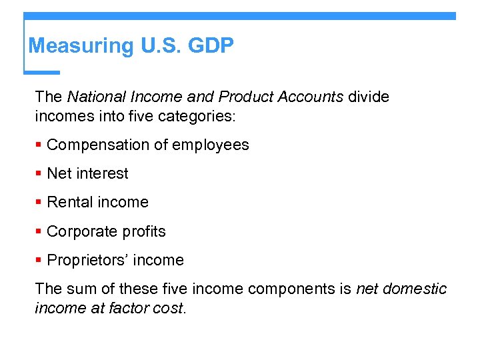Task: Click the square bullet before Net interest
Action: tap(39, 174)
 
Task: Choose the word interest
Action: tap(103, 174)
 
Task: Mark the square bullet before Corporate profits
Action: tap(39, 232)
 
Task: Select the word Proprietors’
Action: tap(85, 261)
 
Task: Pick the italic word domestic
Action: tap(416, 289)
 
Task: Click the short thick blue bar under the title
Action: tap(41, 72)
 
